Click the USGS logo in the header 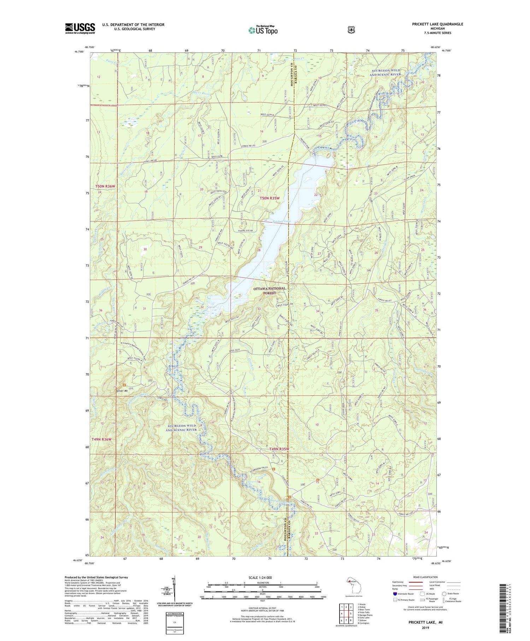pyautogui.click(x=80, y=28)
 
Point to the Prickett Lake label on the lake pyautogui.click(x=281, y=221)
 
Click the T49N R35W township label pyautogui.click(x=279, y=449)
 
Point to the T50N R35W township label pyautogui.click(x=270, y=198)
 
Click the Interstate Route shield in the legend pyautogui.click(x=395, y=594)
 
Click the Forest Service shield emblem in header pyautogui.click(x=351, y=30)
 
